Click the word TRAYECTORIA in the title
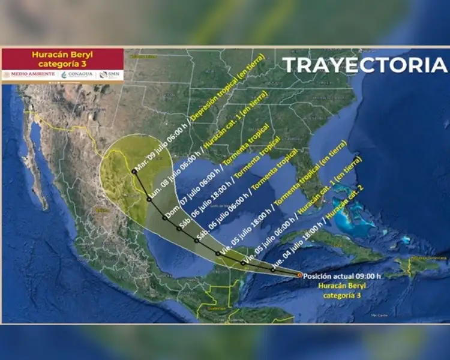point(365,65)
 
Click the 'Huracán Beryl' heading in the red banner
point(62,55)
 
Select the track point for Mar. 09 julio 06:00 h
point(134,172)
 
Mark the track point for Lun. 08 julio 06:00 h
point(149,199)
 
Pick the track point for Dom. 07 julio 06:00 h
point(164,218)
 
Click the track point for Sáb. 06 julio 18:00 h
point(179,229)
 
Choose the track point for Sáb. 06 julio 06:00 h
point(196,241)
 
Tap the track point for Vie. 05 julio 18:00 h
point(218,254)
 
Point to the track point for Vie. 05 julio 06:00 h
point(243,263)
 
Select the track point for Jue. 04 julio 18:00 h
point(274,270)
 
